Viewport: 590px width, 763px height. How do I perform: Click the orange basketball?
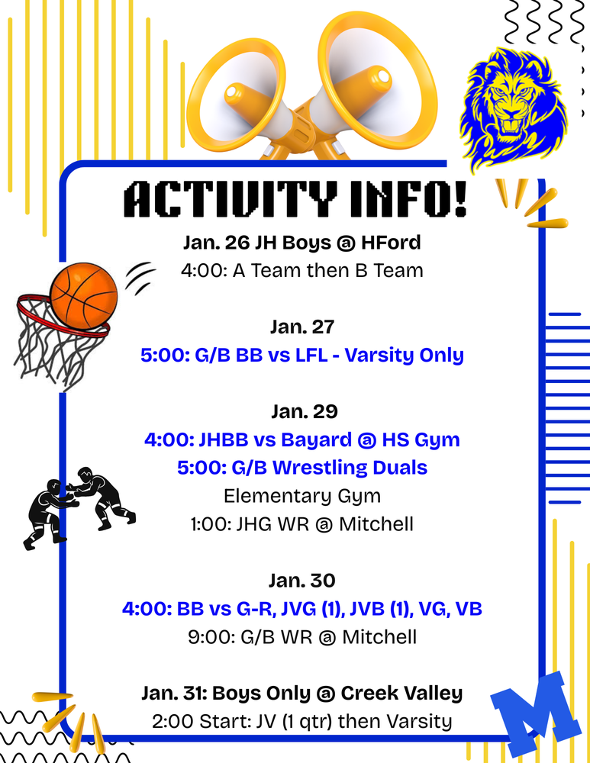(84, 295)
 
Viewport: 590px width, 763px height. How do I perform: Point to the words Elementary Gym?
(302, 496)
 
